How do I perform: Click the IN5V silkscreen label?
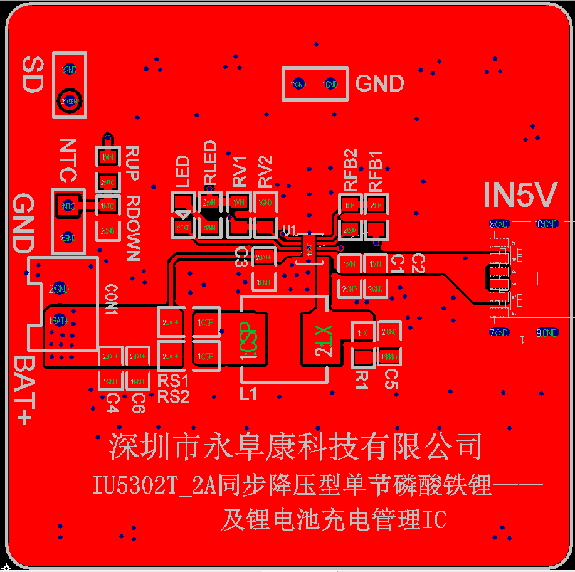(x=520, y=196)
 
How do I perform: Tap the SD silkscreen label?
(x=31, y=75)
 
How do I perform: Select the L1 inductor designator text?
(x=248, y=394)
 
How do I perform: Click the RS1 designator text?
(x=173, y=381)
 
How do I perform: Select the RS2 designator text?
(x=173, y=396)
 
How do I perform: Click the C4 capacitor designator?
(x=112, y=403)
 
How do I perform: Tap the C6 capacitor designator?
(x=139, y=403)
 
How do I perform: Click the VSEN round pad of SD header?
(x=69, y=100)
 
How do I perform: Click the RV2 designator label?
(x=265, y=171)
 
